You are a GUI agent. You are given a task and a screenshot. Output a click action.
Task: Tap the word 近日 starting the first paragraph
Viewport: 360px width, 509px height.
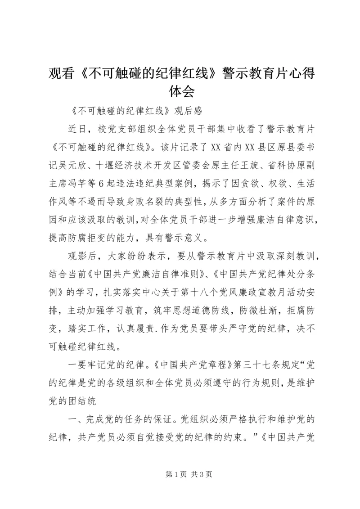78,130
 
